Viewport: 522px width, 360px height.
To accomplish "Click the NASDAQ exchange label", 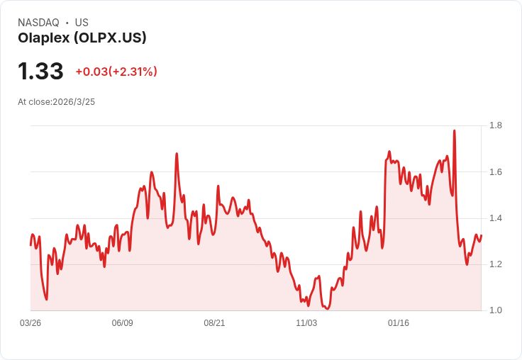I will (x=38, y=23).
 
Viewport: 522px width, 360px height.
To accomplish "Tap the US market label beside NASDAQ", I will (x=82, y=23).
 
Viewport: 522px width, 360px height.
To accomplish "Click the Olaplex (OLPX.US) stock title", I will (x=82, y=38).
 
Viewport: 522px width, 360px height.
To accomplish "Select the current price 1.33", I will (x=40, y=71).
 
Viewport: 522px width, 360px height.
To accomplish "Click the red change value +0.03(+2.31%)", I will (x=116, y=72).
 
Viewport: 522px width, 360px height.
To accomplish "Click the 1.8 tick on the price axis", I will (x=496, y=125).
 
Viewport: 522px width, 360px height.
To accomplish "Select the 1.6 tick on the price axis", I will (x=496, y=172).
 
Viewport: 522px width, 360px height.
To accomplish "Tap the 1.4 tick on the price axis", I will (x=496, y=218).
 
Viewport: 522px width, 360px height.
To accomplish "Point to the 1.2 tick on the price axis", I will (x=496, y=264).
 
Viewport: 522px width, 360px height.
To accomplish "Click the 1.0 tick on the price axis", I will (x=496, y=310).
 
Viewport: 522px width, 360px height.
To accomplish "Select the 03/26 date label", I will (x=30, y=323).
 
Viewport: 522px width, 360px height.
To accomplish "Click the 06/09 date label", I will (x=123, y=323).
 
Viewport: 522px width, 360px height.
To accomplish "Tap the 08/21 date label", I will (x=214, y=323).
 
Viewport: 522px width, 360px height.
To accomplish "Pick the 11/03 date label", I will (x=306, y=323).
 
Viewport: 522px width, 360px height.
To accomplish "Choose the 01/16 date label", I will (x=398, y=323).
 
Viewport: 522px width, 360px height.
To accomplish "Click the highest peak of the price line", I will (x=454, y=131).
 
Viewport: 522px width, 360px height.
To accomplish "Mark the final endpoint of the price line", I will (x=481, y=236).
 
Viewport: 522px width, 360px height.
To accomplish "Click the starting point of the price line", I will (x=30, y=244).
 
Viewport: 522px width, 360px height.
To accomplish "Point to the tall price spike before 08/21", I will (x=177, y=154).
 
